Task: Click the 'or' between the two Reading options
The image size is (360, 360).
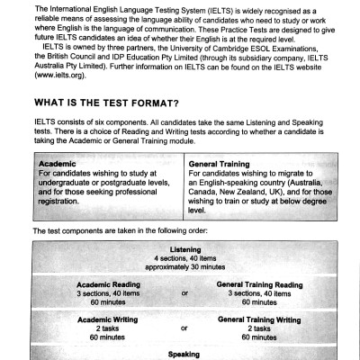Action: (184, 293)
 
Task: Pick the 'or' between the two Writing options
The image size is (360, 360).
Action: (184, 328)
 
